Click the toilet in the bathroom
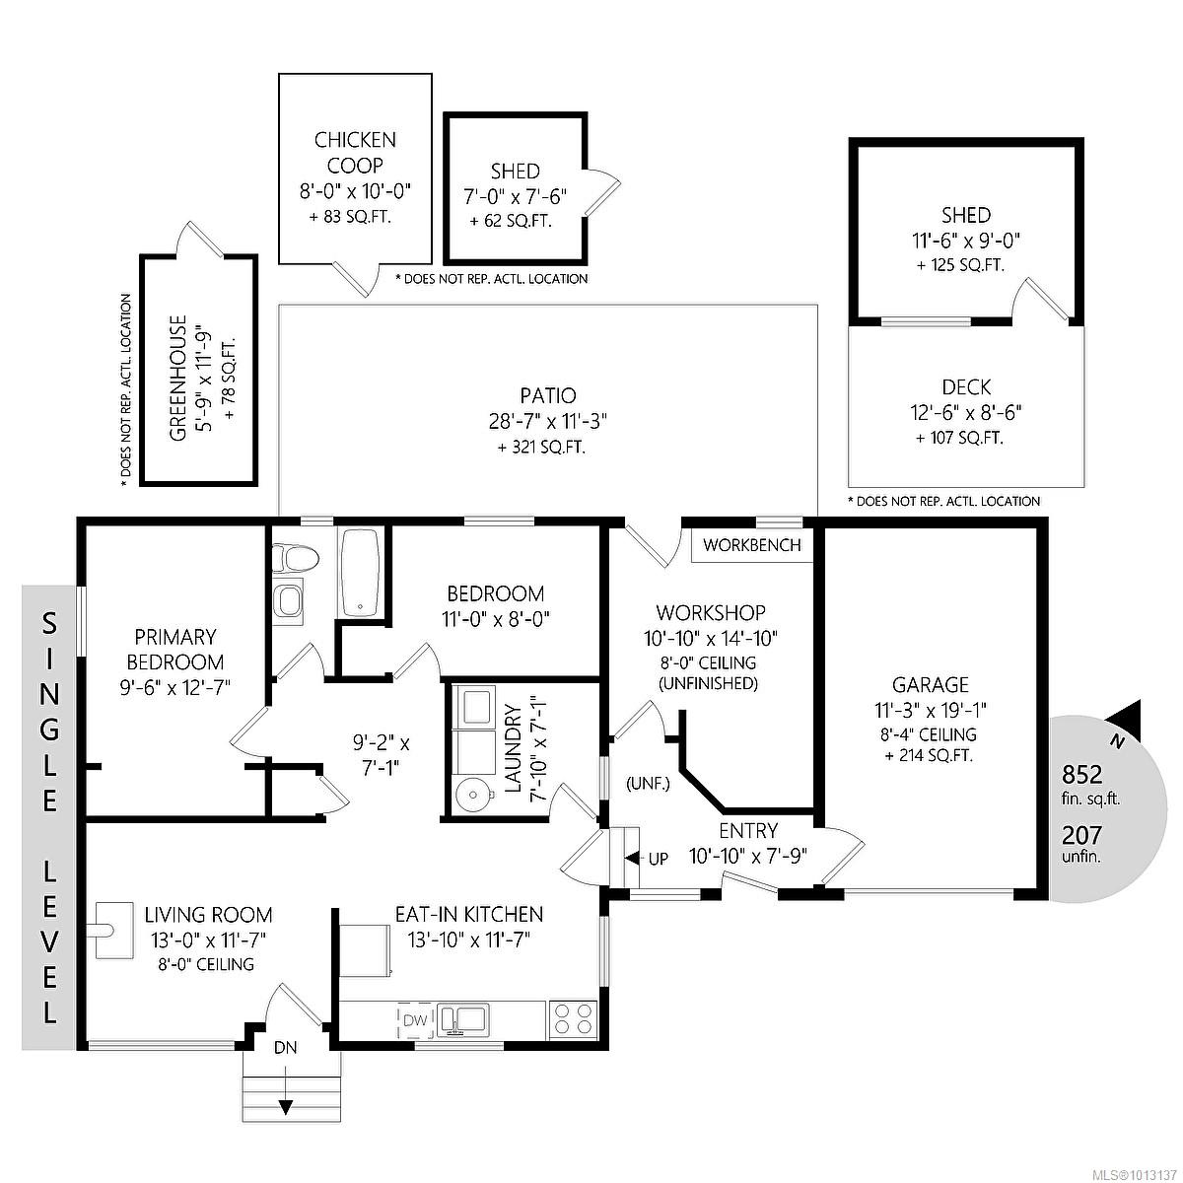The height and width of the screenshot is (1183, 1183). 297,560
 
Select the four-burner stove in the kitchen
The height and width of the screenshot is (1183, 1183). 574,1018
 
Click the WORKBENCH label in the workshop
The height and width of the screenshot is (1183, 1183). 753,545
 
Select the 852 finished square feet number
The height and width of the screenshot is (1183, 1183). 1081,774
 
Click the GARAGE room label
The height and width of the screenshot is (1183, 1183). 930,684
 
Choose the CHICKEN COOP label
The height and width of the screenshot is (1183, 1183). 355,153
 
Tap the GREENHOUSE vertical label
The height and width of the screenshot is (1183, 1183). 178,379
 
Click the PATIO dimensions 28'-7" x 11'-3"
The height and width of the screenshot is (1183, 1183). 549,422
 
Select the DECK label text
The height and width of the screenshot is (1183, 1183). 965,387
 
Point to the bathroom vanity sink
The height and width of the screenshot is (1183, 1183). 289,600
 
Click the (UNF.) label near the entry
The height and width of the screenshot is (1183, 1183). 648,785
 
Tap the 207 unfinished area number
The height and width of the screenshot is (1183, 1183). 1081,836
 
